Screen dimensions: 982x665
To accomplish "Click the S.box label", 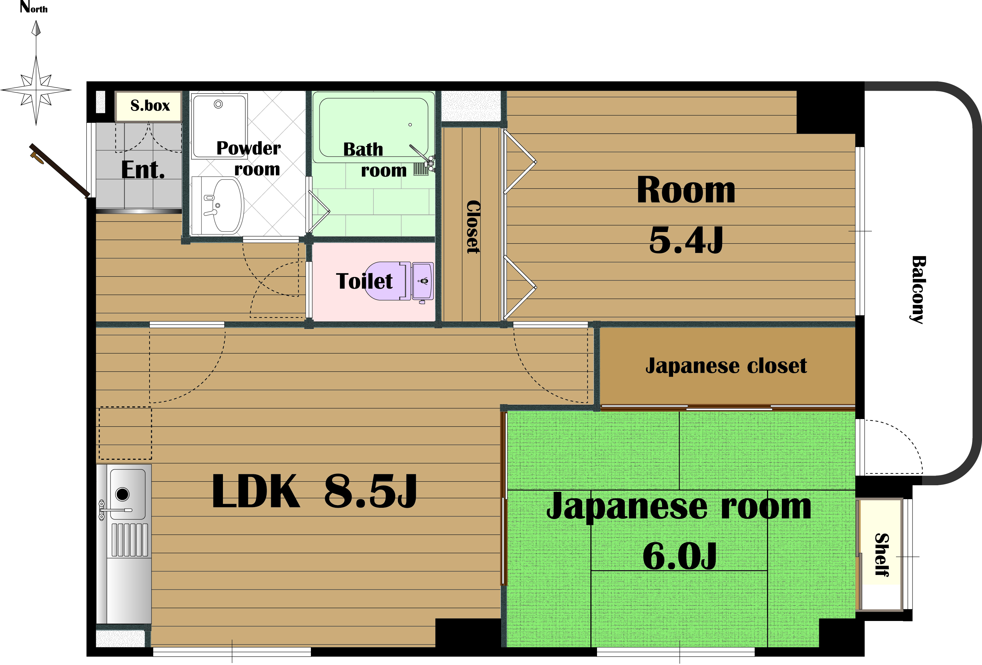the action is point(150,105).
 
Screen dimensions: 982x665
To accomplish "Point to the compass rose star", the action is point(36,90).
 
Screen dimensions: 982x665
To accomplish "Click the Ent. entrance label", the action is point(143,170).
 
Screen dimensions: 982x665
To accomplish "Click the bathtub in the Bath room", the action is point(373,127).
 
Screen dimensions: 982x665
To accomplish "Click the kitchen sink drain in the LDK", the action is point(122,494).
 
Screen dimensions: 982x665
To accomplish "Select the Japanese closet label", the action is point(726,366).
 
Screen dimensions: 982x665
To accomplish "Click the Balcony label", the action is point(918,290).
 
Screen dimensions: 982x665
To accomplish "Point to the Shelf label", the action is point(882,555).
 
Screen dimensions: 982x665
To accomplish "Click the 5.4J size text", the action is point(686,240).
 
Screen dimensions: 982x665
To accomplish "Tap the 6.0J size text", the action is point(679,555).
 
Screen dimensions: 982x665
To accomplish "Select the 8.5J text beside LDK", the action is point(370,491).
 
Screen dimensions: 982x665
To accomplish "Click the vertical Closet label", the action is point(473,227).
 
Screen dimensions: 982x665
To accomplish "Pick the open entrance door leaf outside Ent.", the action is point(60,171).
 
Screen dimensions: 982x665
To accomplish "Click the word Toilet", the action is point(364,281).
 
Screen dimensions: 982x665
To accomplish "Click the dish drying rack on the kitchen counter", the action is point(130,540).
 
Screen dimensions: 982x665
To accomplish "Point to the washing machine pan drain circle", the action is point(218,104).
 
